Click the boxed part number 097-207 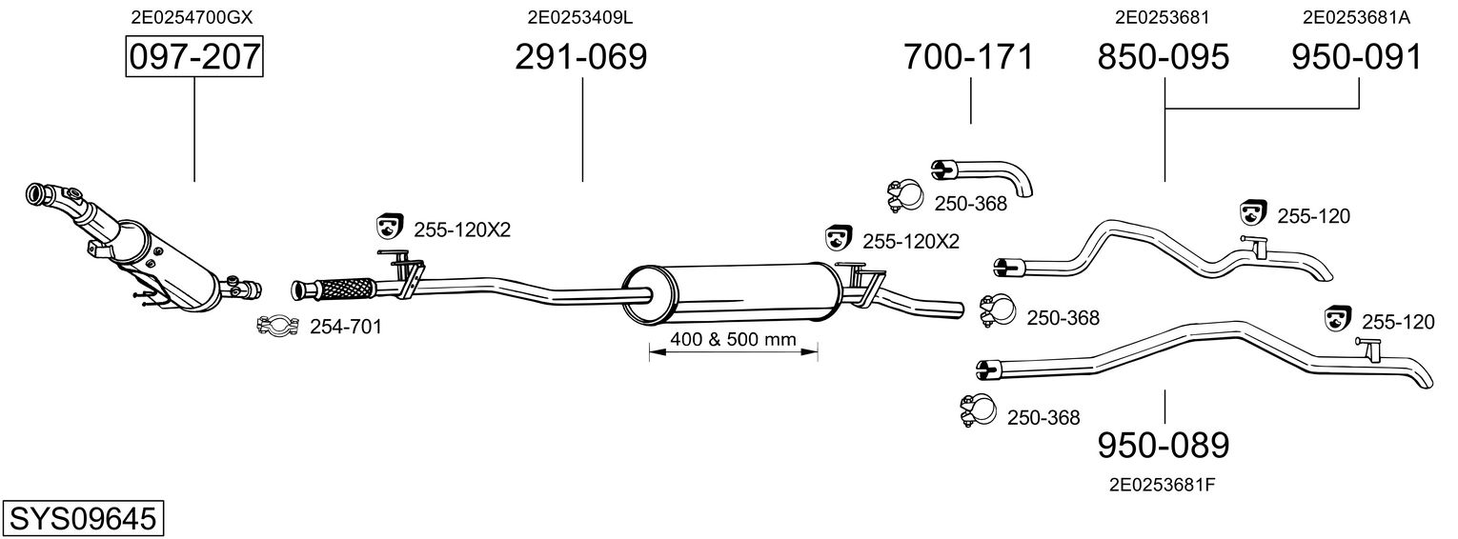194,57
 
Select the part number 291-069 580,57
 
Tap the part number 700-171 968,57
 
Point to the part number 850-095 1164,57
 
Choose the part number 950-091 1356,57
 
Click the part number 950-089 1164,445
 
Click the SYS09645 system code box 83,518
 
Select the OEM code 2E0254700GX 192,16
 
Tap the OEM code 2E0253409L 579,16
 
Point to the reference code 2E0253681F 1162,484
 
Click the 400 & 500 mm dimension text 733,340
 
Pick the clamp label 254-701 346,328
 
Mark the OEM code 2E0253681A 1356,16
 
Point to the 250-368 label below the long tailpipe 1043,417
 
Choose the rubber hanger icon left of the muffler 389,226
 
